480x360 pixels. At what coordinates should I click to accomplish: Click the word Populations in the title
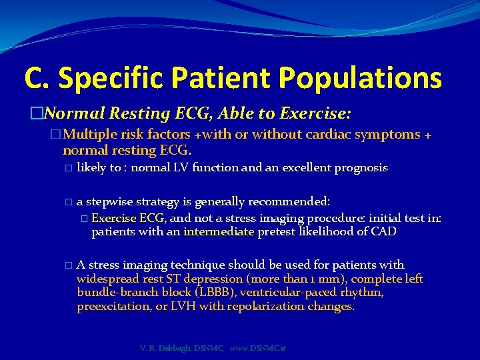click(x=360, y=78)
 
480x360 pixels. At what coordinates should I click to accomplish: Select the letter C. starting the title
click(x=37, y=78)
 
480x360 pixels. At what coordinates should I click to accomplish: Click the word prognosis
click(x=359, y=168)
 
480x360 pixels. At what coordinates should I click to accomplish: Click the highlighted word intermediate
click(x=219, y=232)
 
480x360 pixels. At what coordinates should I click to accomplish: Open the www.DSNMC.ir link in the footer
click(x=257, y=348)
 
